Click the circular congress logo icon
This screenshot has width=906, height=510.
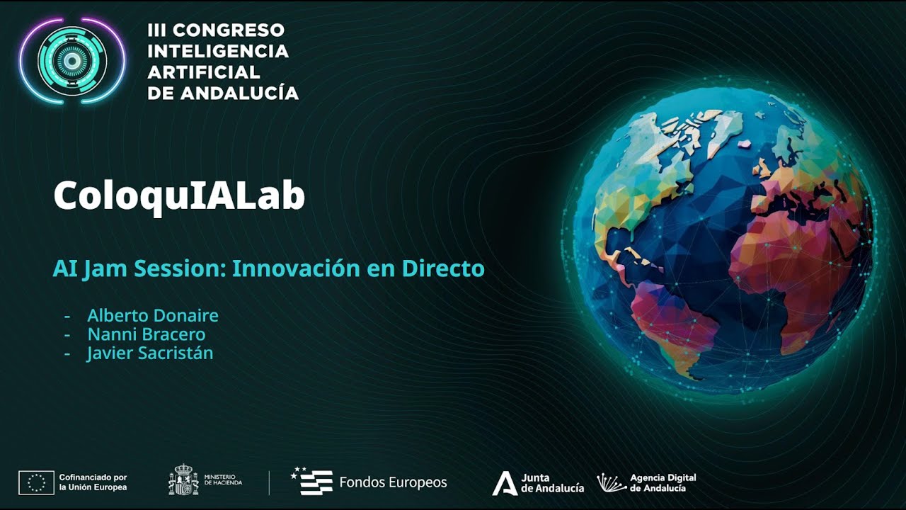click(x=71, y=61)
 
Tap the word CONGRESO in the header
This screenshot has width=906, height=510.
click(x=228, y=30)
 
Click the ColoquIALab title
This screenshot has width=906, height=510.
click(x=179, y=196)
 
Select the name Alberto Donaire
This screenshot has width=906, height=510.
click(x=153, y=315)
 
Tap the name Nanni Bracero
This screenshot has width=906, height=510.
click(x=147, y=334)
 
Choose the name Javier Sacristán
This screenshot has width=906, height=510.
click(x=150, y=353)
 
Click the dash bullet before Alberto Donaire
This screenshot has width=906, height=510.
click(x=68, y=316)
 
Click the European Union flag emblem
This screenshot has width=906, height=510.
click(x=36, y=482)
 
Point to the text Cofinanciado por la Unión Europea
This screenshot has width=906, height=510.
click(x=93, y=482)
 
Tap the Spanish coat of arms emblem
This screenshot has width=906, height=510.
click(x=183, y=480)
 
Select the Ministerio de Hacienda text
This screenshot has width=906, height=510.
click(x=223, y=480)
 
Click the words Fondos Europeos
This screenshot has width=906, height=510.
click(x=393, y=482)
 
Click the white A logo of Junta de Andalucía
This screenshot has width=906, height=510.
click(x=505, y=483)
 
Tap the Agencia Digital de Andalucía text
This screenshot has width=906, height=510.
click(x=663, y=483)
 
